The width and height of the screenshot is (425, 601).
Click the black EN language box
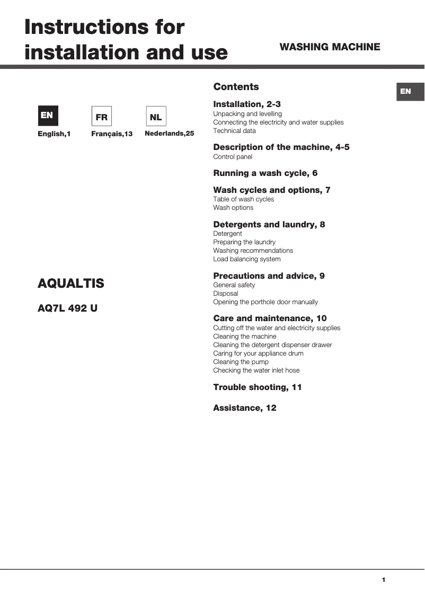(x=48, y=116)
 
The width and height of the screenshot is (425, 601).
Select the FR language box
(x=101, y=116)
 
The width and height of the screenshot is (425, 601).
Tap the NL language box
(x=156, y=116)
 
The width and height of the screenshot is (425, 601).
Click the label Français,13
(x=112, y=134)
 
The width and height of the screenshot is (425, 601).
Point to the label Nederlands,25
(x=170, y=134)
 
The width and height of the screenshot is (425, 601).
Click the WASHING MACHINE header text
(x=330, y=47)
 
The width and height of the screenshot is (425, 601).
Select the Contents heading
(x=236, y=87)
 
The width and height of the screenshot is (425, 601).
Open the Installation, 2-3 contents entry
(x=247, y=104)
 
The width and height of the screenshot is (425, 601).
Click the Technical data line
(x=234, y=131)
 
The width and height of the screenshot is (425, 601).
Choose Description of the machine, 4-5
(x=281, y=147)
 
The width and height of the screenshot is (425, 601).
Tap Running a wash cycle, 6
(x=265, y=173)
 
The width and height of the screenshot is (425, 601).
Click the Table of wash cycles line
(x=244, y=199)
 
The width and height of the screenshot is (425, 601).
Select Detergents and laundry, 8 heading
(x=269, y=225)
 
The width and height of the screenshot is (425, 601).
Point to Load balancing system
(x=247, y=259)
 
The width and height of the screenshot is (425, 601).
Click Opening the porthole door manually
(x=265, y=302)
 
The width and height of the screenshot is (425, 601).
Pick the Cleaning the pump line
(x=241, y=362)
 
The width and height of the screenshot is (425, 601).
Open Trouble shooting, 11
(x=258, y=387)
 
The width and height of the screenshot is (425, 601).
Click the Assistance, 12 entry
(x=245, y=408)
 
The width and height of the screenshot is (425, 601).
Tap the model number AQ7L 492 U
(x=68, y=308)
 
